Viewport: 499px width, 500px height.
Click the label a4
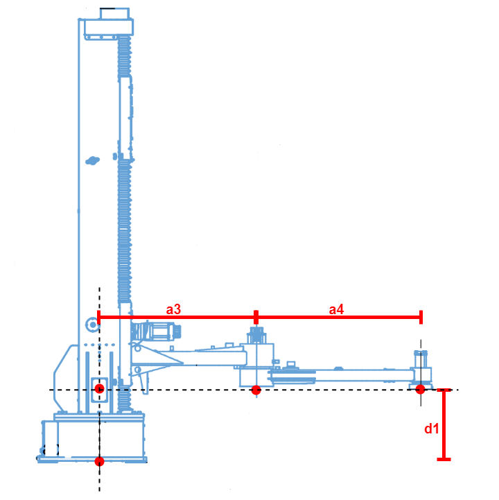(336, 309)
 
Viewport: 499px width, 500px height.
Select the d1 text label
(431, 429)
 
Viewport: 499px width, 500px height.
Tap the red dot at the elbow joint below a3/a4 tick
(256, 390)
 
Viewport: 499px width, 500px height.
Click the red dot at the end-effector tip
(420, 389)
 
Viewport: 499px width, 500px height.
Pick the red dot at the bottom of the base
(99, 461)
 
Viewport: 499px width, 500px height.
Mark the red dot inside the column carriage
(99, 388)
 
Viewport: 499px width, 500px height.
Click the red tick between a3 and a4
(256, 318)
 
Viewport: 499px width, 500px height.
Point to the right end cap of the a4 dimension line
(421, 318)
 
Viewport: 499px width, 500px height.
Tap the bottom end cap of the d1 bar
(444, 458)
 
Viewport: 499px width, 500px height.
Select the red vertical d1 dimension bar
(444, 423)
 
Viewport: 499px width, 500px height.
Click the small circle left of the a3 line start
(90, 324)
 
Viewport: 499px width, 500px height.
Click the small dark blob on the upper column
(91, 161)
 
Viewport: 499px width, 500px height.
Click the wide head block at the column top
(108, 28)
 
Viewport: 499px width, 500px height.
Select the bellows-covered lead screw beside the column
(124, 208)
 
